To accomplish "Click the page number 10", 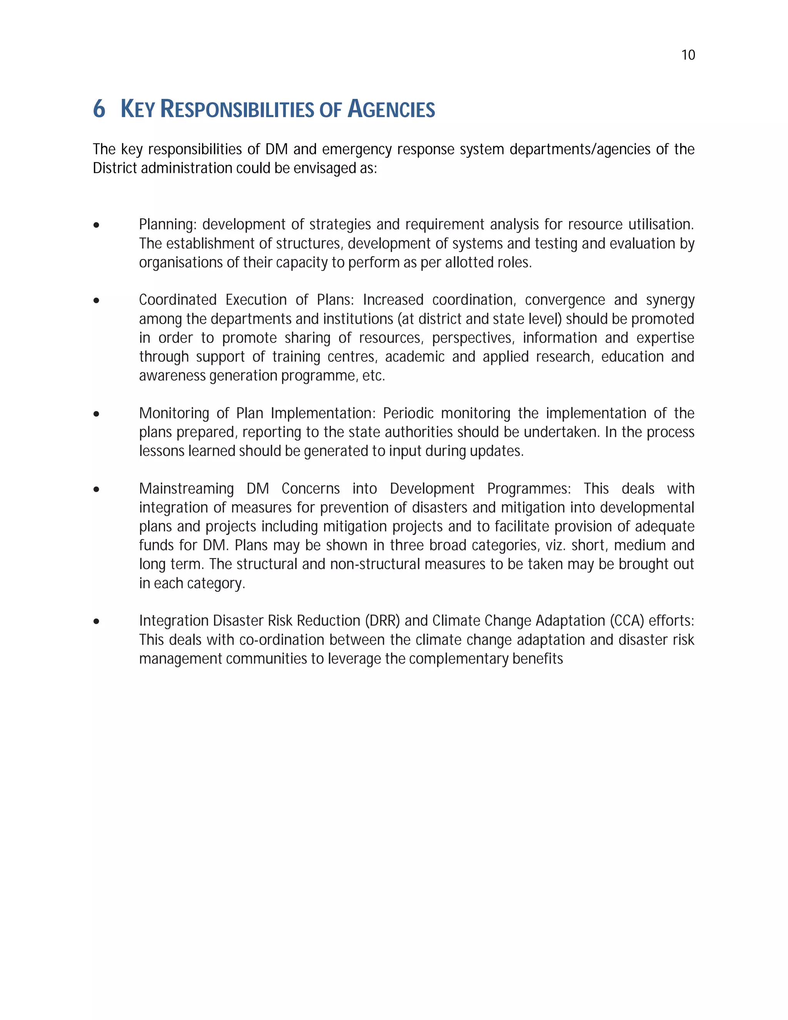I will pos(688,55).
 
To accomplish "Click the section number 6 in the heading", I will pos(99,109).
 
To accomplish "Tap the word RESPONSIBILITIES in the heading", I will pos(237,109).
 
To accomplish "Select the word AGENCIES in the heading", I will pos(391,109).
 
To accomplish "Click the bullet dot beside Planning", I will pos(96,226).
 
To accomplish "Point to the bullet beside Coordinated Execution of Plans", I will pos(96,301).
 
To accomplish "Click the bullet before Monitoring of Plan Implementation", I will pos(96,414).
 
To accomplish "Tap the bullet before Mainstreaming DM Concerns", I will pos(96,490).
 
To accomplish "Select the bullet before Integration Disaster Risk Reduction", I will pos(96,622).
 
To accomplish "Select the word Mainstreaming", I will pos(186,488).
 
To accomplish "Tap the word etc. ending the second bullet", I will pos(374,376).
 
